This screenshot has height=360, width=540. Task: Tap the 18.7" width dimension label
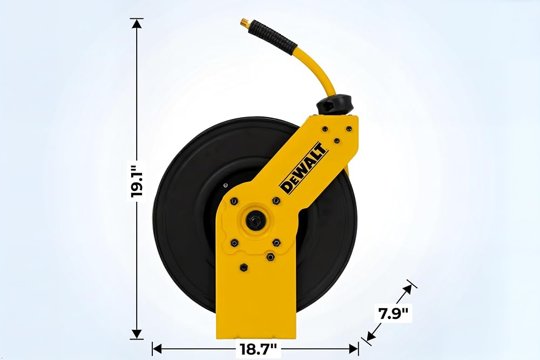click(258, 349)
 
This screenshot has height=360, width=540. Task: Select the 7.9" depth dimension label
click(393, 314)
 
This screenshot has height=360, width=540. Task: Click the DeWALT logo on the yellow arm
click(303, 167)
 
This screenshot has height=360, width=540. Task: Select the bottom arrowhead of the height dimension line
click(137, 335)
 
